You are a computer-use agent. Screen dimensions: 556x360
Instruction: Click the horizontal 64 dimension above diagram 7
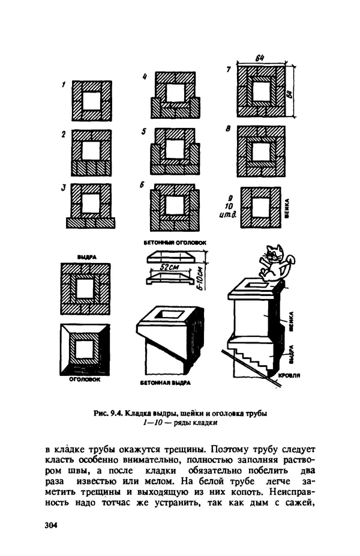[x=260, y=58]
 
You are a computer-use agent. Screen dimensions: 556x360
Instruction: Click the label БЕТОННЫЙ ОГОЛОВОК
[x=175, y=243]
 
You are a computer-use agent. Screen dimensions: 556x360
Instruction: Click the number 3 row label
[x=62, y=187]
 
